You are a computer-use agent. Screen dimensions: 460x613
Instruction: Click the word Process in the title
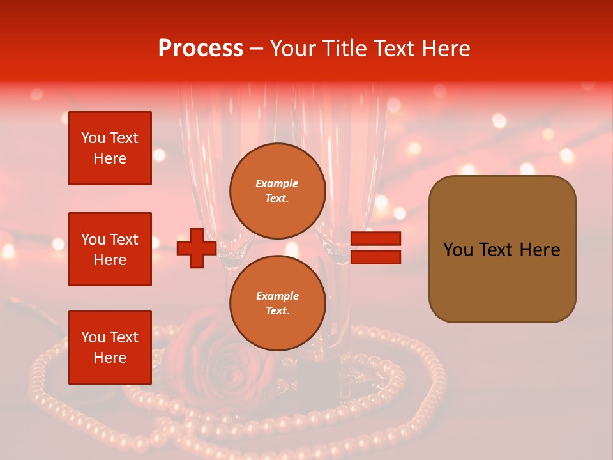coord(201,49)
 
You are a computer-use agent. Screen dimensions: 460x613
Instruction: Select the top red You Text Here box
coord(110,148)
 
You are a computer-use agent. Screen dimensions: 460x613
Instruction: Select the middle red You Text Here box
coord(110,249)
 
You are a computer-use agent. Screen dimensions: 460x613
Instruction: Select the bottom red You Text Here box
coord(110,348)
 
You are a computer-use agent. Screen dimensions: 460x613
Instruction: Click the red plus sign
coord(197,248)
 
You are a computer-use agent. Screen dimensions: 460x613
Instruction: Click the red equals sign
coord(375,248)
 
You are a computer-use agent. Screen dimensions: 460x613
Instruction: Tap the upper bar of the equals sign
coord(375,238)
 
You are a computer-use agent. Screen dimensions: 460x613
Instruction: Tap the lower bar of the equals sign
coord(375,257)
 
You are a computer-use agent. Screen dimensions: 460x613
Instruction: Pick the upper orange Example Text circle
coord(277,191)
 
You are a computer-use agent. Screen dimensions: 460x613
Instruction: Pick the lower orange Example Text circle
coord(277,303)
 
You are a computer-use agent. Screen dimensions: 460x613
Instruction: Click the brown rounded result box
coord(502,249)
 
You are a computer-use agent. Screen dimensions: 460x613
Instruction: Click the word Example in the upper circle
coord(277,183)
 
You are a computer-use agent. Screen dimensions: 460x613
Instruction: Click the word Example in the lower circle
coord(277,296)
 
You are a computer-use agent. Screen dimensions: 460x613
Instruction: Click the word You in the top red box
coord(93,138)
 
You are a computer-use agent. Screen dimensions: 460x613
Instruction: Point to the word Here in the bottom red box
coord(110,358)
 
